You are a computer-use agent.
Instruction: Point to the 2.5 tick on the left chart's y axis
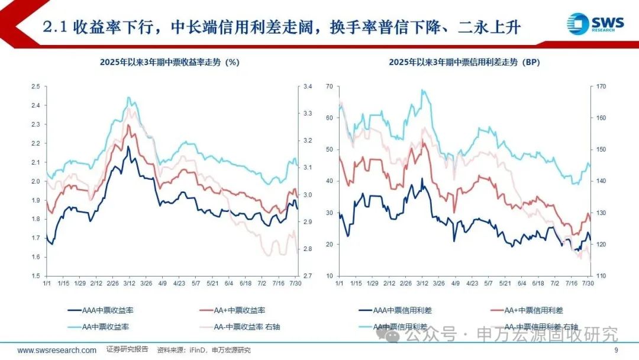click(x=35, y=87)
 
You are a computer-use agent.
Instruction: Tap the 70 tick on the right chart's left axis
click(x=330, y=87)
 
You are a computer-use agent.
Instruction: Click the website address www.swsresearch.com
click(x=57, y=351)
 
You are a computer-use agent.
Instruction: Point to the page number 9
click(x=616, y=351)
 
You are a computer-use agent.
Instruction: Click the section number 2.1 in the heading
click(x=57, y=27)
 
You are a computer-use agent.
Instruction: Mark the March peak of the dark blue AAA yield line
click(x=128, y=146)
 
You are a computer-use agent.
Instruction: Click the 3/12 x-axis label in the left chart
click(x=128, y=283)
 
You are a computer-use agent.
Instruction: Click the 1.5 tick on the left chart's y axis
click(x=35, y=276)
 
